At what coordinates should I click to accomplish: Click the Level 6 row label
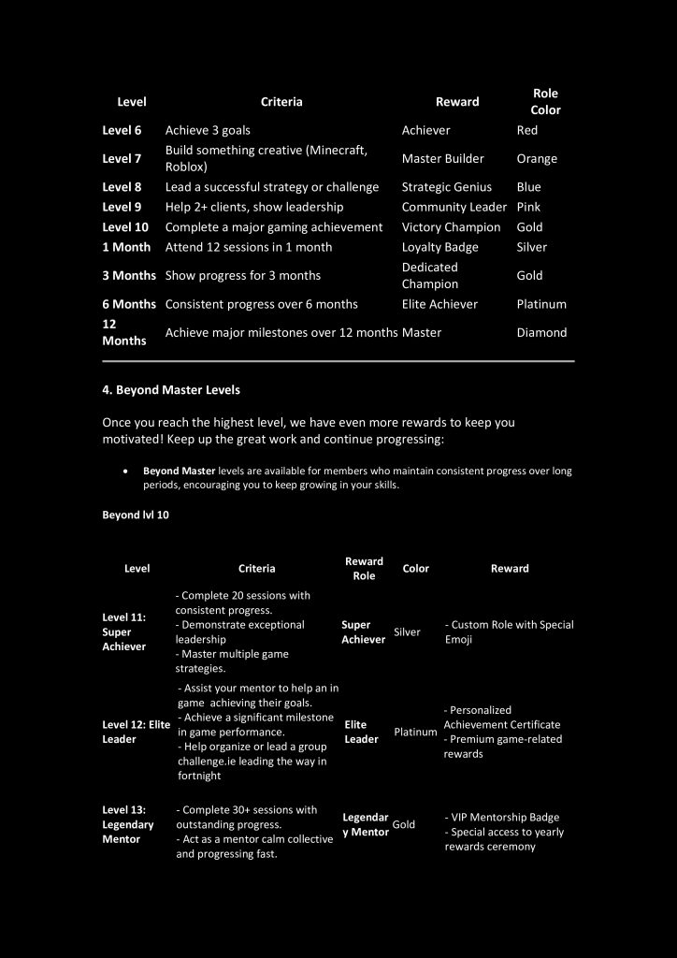point(122,130)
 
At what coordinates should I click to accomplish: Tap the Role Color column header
point(545,102)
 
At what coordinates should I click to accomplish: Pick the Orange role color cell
point(536,159)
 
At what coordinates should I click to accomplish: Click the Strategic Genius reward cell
point(446,187)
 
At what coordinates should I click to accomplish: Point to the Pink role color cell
point(528,207)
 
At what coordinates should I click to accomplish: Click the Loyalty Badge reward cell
point(439,247)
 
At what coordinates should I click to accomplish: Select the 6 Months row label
point(129,304)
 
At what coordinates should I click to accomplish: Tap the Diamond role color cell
point(541,332)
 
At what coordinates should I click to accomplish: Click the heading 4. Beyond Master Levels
point(171,389)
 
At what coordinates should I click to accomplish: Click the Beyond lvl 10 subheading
point(136,515)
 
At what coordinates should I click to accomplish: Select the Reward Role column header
point(364,569)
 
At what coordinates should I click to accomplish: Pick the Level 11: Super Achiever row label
point(124,631)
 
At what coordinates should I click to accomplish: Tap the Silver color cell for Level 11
point(407,632)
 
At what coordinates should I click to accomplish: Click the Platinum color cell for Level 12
point(415,732)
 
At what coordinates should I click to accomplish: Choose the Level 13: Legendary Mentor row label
point(128,824)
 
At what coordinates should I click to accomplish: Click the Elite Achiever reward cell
point(439,304)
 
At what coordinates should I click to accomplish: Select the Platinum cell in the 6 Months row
point(541,304)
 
